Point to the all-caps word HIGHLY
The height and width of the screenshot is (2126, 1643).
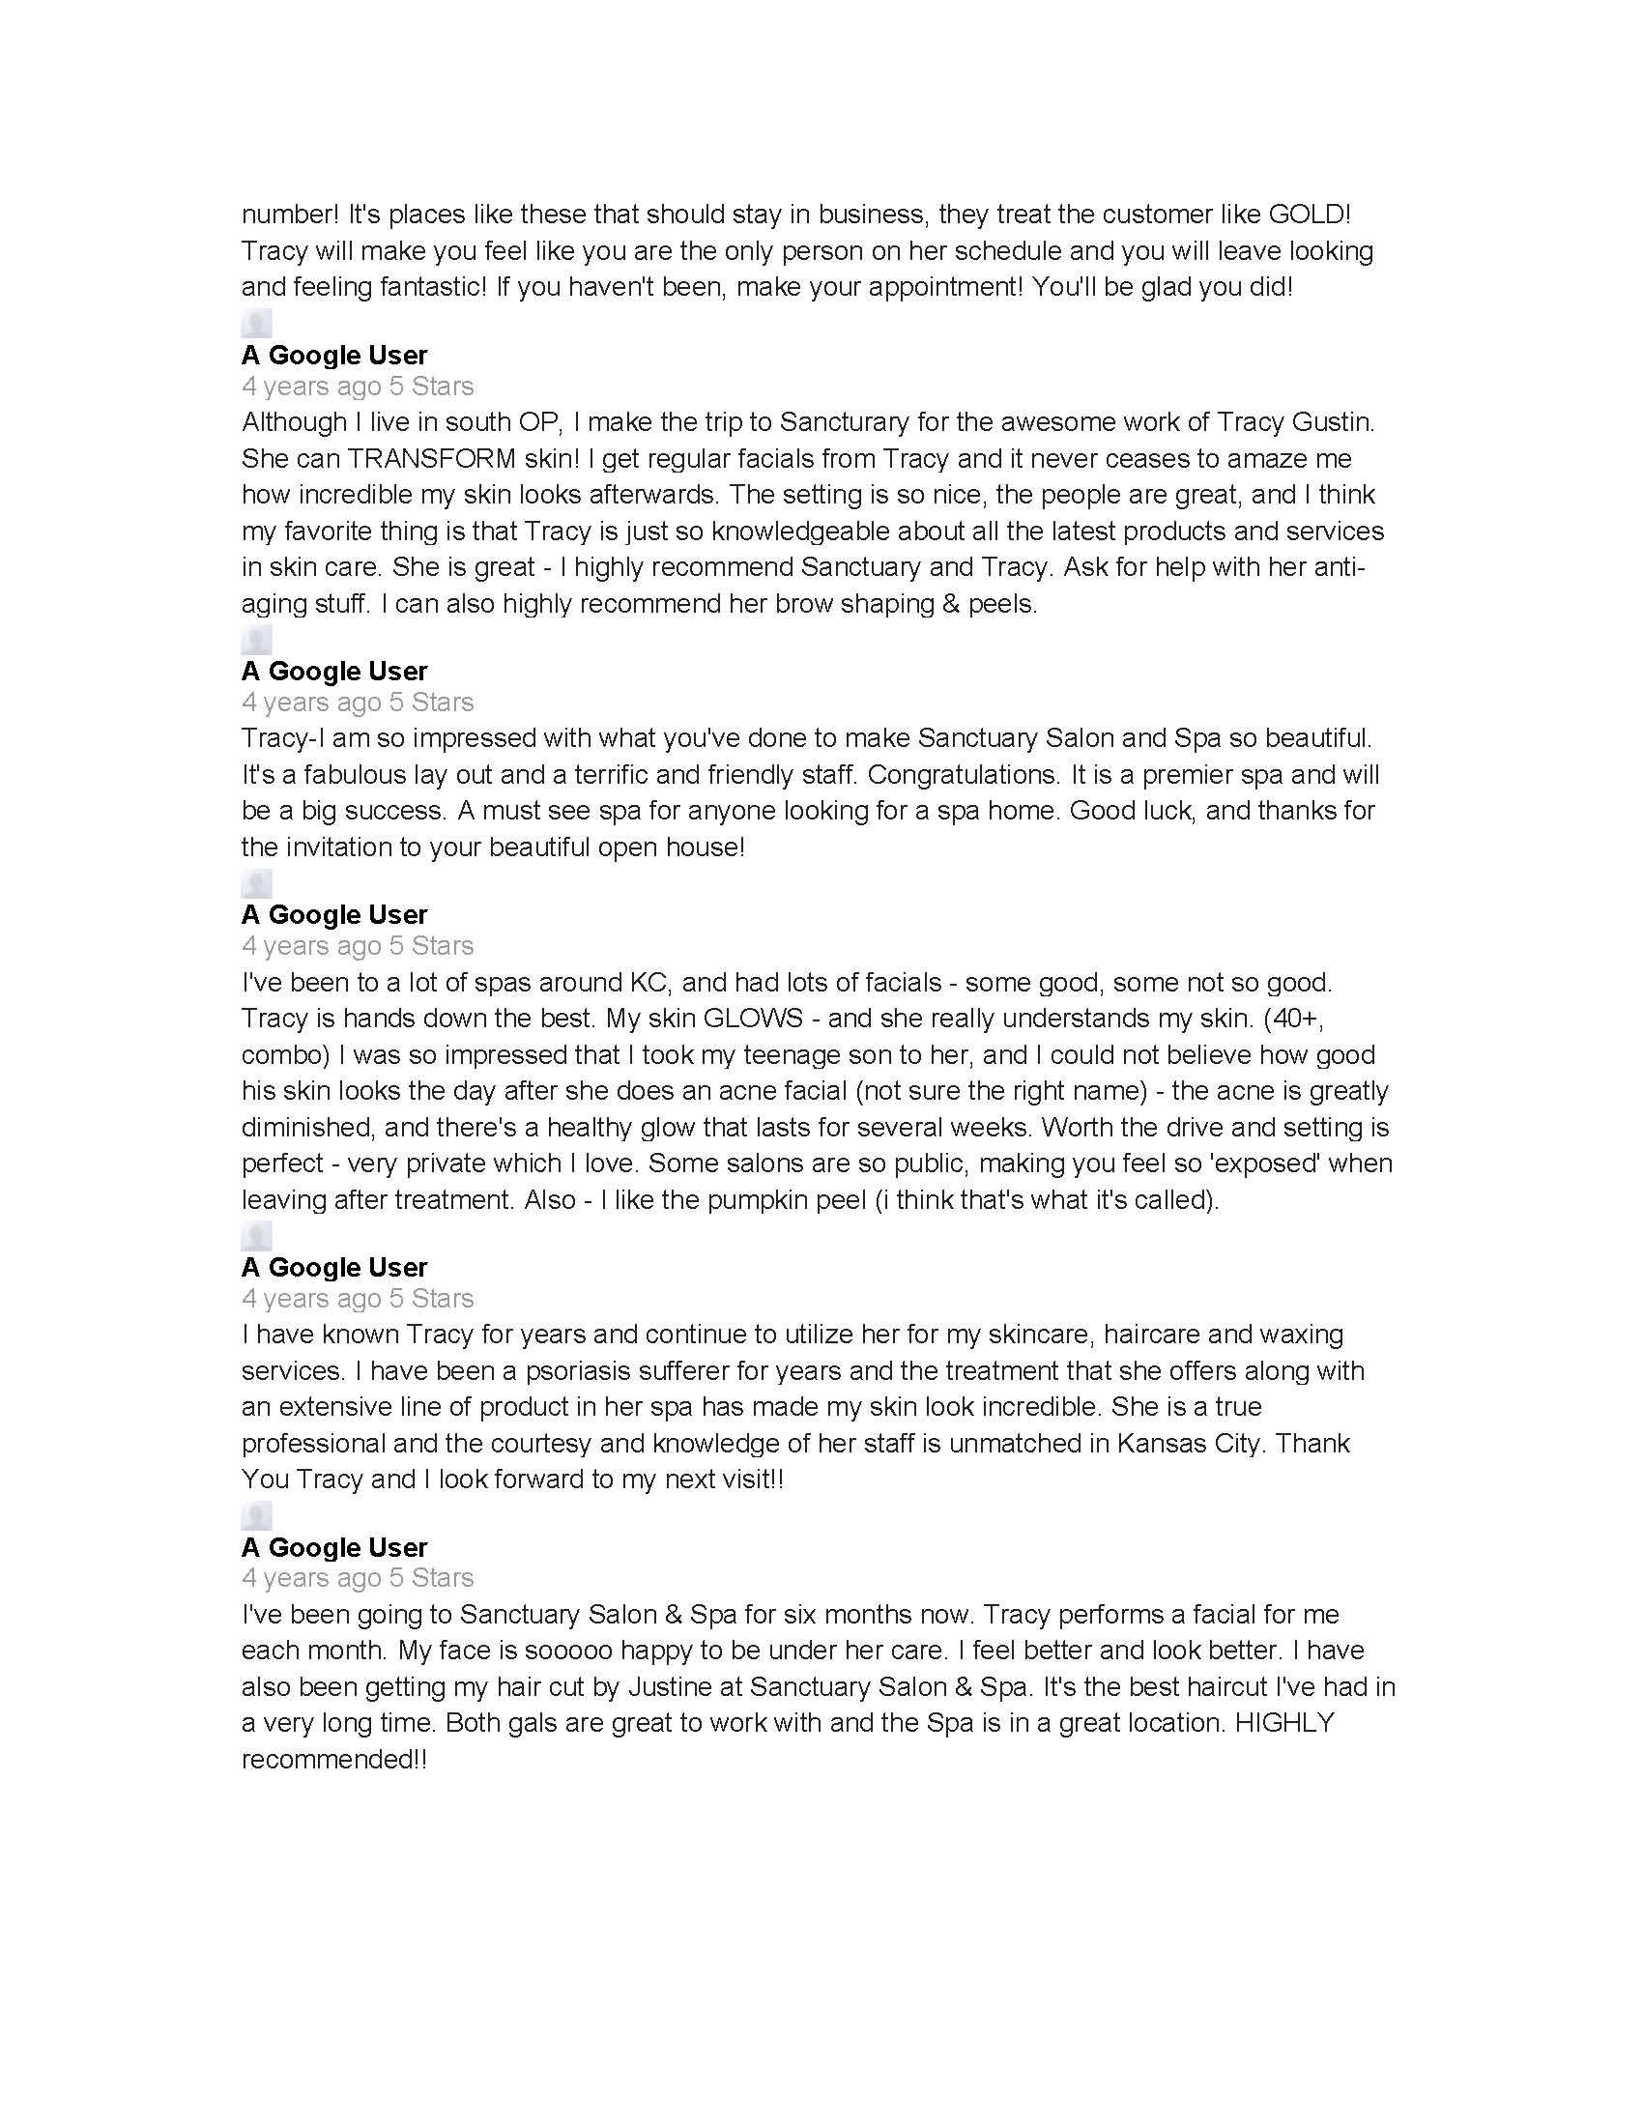pos(1283,1723)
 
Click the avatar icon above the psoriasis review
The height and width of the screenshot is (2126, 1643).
pos(256,1236)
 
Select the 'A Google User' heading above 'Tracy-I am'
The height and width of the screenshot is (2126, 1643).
pos(334,672)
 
